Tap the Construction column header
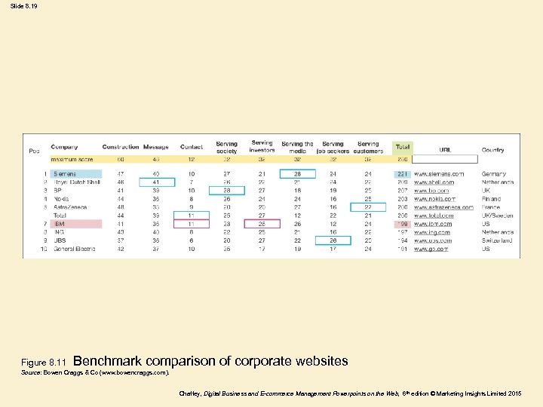(x=121, y=147)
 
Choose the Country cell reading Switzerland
(x=497, y=240)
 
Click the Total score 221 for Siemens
(x=402, y=174)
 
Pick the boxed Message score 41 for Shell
(x=156, y=182)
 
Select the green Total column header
(x=403, y=147)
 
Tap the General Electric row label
(x=74, y=249)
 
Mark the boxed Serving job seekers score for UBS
(x=333, y=240)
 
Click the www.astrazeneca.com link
(x=443, y=207)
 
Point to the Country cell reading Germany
(x=495, y=174)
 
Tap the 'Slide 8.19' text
(x=23, y=6)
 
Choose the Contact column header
(x=192, y=147)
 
